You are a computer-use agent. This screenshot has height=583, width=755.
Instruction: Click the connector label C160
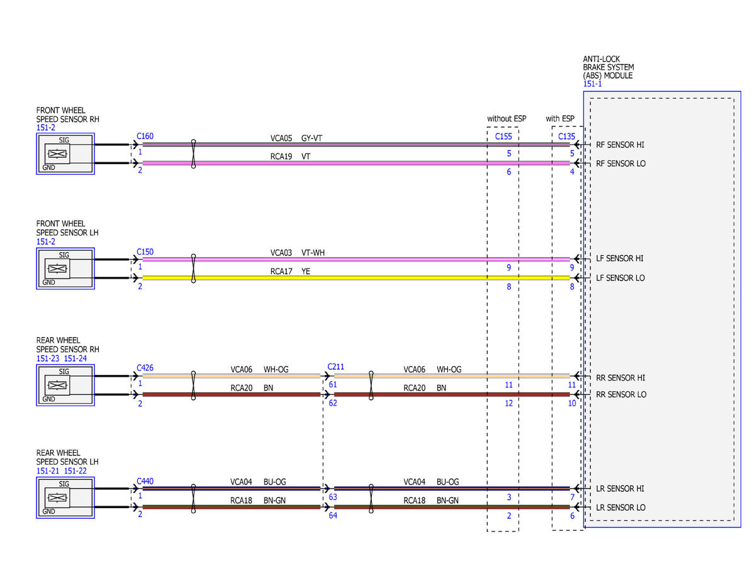point(145,136)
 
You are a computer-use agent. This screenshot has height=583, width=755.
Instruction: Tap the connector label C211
point(335,367)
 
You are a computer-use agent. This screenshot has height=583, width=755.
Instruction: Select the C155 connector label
point(503,136)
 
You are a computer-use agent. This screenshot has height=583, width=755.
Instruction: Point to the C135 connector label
point(567,136)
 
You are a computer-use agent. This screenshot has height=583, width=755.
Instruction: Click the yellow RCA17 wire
point(356,278)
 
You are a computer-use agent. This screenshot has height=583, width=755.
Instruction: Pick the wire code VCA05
point(281,138)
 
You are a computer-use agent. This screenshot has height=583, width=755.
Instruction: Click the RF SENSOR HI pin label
point(620,145)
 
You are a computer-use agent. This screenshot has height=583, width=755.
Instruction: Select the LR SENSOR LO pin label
point(621,508)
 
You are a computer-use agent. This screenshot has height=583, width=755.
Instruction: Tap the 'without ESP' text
point(506,118)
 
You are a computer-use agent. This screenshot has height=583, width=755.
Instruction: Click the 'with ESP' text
point(560,118)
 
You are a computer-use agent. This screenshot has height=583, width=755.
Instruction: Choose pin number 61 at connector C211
point(333,384)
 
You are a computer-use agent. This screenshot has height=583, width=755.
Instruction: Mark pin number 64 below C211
point(333,515)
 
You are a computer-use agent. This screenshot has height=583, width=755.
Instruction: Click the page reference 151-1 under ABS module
point(593,84)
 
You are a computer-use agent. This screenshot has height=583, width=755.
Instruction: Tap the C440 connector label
point(145,481)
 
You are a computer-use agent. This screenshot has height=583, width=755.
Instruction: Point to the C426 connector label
point(145,368)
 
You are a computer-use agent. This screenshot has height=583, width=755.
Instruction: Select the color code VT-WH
point(313,253)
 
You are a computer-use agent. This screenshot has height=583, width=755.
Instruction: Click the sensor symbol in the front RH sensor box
point(57,154)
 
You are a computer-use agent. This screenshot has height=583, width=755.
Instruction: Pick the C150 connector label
point(145,252)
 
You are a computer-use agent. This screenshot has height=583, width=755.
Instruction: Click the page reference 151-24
point(75,358)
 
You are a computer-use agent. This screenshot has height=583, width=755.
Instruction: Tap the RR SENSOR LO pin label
point(621,394)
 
